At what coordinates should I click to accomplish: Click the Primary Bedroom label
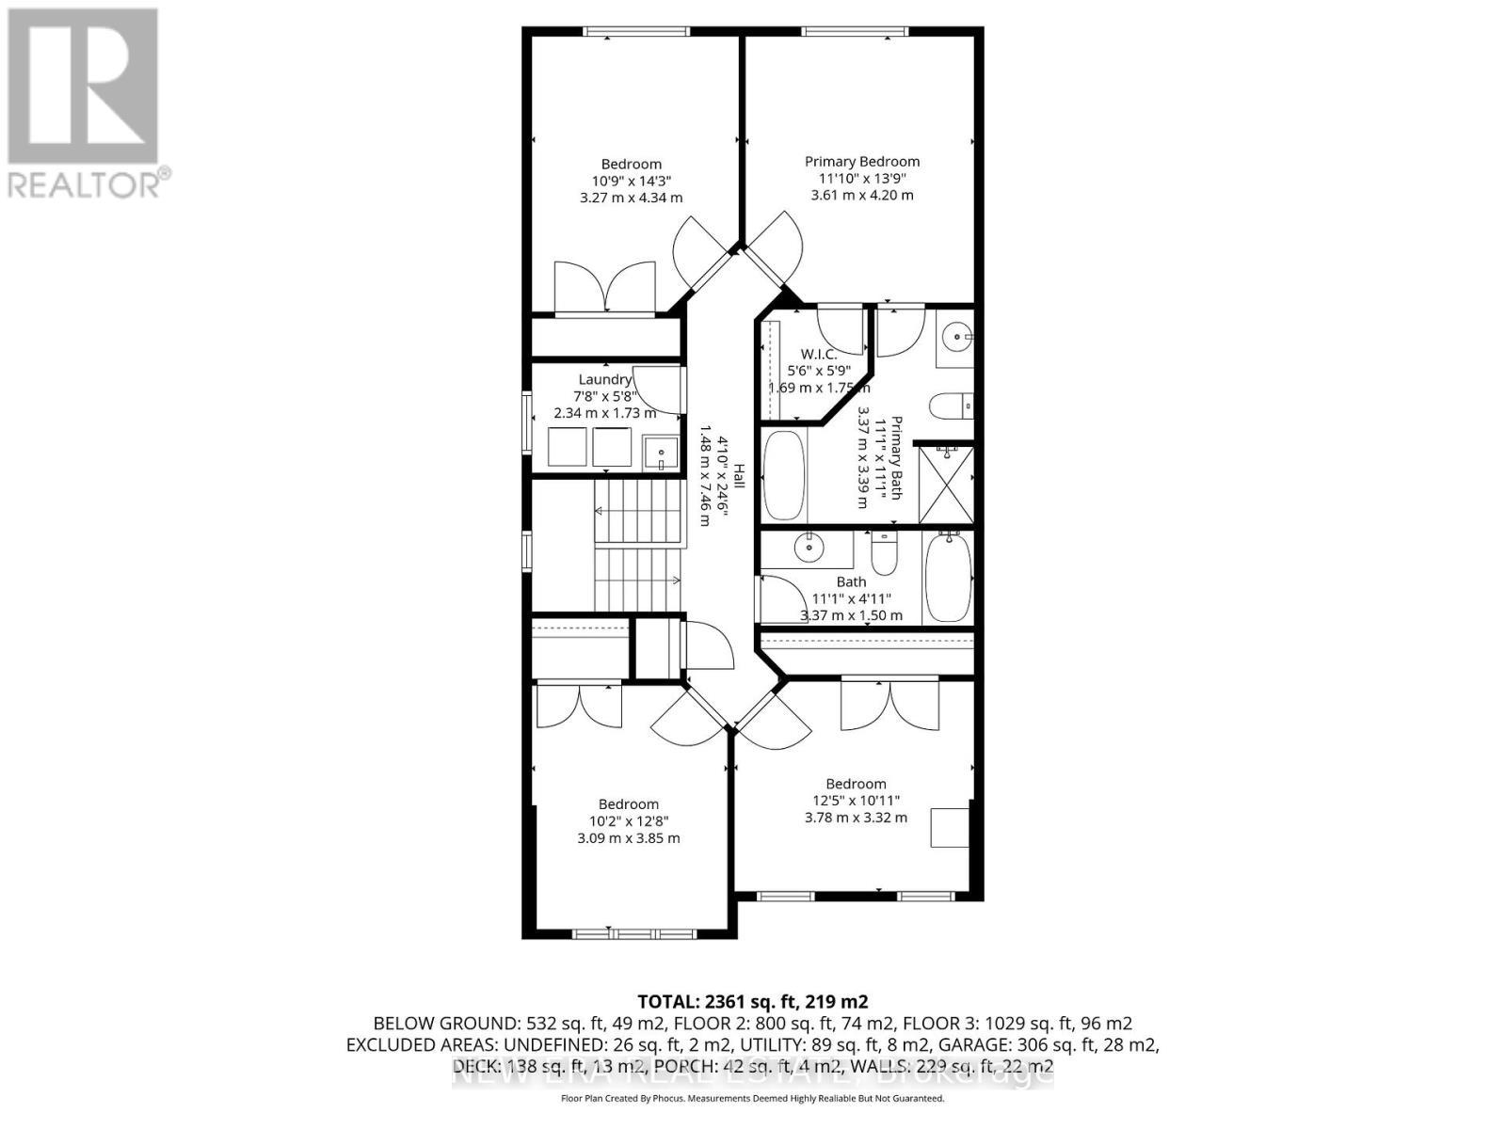[861, 162]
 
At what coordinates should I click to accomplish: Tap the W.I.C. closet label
[818, 354]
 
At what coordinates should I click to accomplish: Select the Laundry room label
[605, 380]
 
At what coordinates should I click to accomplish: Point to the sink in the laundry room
[661, 453]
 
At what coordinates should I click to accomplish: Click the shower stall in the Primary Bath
[945, 485]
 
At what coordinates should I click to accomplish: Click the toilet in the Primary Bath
[951, 405]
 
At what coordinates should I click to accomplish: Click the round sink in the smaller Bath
[809, 548]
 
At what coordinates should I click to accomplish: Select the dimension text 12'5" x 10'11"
[856, 801]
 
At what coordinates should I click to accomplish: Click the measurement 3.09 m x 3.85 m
[628, 838]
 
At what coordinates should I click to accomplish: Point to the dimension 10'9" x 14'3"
[631, 181]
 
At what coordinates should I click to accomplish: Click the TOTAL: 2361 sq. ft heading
[752, 1001]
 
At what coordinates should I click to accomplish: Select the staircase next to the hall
[637, 546]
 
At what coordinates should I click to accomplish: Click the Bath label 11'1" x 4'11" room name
[851, 582]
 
